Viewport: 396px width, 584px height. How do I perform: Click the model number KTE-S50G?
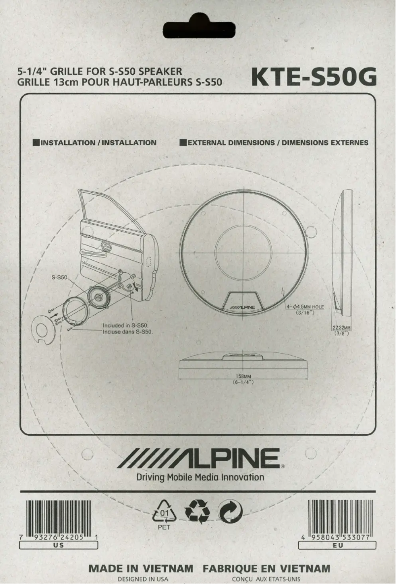(314, 77)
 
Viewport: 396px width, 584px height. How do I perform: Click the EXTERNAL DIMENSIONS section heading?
(274, 143)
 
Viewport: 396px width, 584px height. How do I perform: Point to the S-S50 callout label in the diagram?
(59, 278)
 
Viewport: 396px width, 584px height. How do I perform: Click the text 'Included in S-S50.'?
(128, 326)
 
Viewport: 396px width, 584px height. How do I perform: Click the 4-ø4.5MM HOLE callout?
(305, 307)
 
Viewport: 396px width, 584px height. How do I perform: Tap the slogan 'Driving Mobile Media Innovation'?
(200, 477)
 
